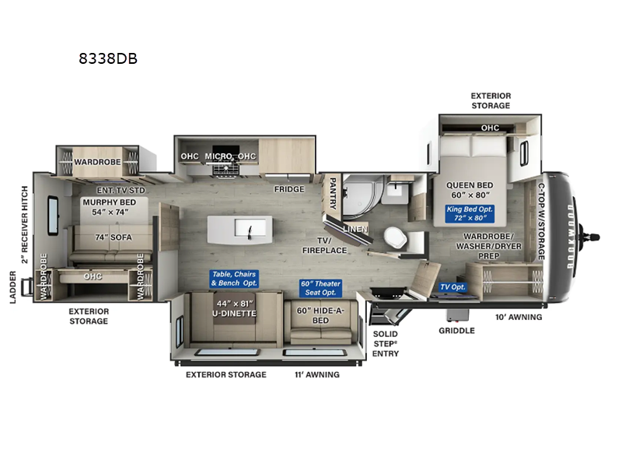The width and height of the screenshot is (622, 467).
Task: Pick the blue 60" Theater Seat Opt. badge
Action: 320,288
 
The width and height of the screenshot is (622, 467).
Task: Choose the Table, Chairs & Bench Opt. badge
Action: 234,279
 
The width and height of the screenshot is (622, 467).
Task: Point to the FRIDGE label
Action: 288,189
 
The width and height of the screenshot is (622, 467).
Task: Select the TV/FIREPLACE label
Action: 324,245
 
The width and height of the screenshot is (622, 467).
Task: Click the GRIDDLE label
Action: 456,330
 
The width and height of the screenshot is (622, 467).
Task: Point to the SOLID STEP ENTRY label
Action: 385,343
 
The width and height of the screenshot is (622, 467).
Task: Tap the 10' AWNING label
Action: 518,318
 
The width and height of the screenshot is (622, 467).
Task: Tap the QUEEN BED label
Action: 472,186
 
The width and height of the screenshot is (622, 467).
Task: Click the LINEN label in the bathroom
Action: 356,228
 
